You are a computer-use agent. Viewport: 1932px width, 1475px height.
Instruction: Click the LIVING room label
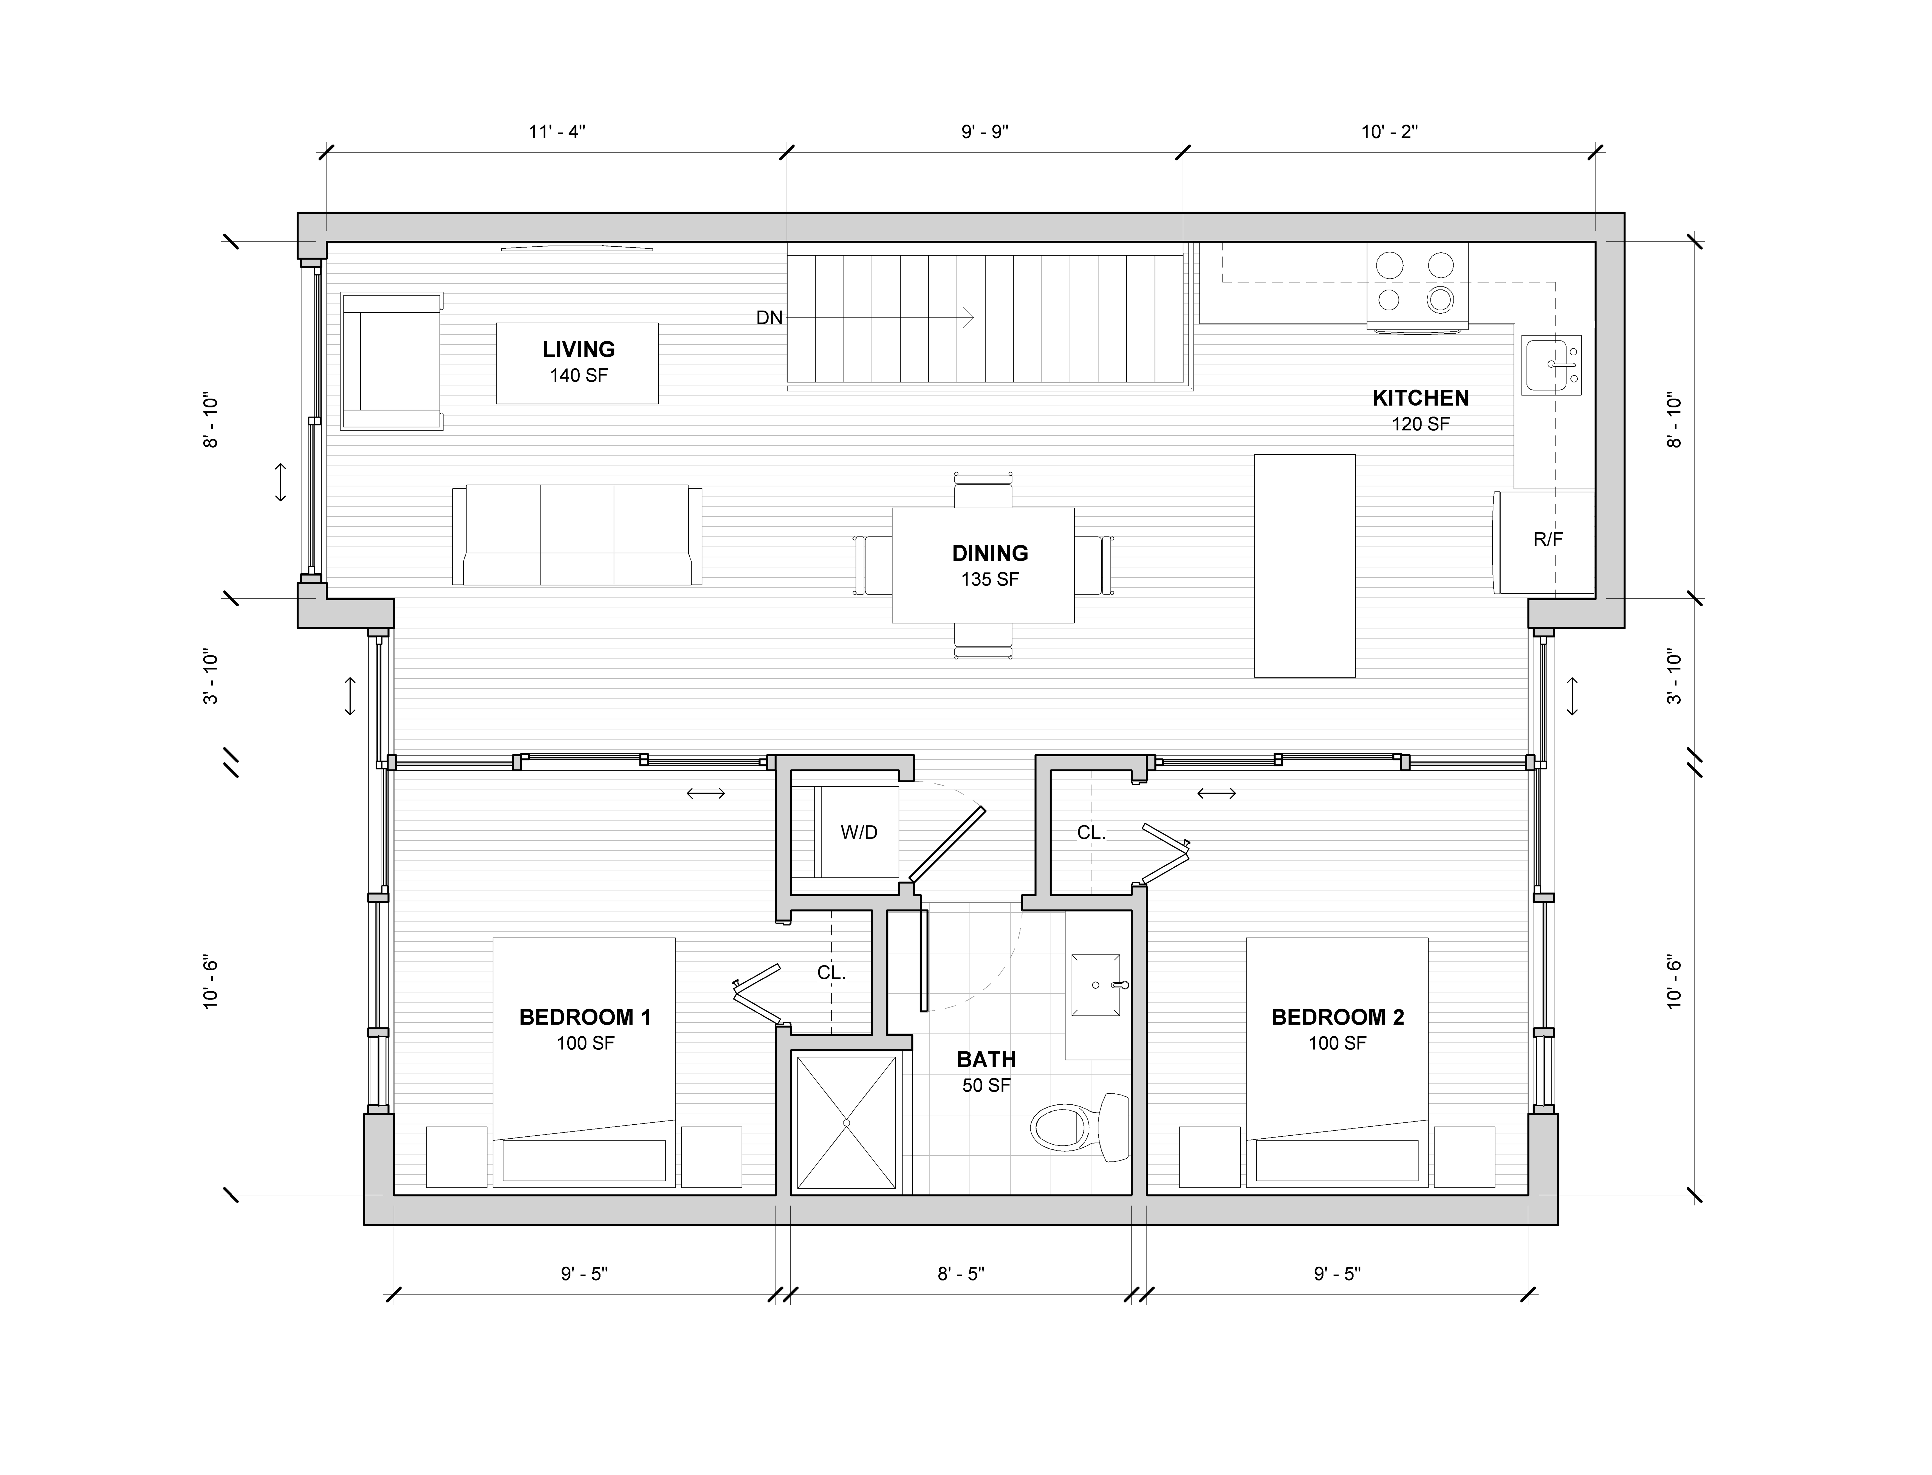[x=578, y=350]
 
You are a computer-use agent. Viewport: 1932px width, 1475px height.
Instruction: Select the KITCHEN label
[x=1420, y=398]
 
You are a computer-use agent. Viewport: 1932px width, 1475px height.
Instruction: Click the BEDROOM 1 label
[x=585, y=1018]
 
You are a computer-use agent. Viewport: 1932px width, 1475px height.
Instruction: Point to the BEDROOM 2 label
[x=1338, y=1018]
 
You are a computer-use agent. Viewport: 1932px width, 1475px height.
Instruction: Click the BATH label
[x=987, y=1060]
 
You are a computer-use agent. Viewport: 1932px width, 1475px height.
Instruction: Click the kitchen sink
[x=1551, y=364]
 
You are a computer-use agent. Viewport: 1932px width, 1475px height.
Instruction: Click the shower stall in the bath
[x=846, y=1123]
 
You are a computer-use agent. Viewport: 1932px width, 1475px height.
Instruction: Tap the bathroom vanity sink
[x=1096, y=985]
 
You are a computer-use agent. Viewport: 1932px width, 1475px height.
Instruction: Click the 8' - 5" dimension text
[x=961, y=1274]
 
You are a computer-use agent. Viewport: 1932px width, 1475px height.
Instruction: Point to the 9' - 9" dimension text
[x=985, y=132]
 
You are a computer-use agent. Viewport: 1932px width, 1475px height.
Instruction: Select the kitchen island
[x=1304, y=565]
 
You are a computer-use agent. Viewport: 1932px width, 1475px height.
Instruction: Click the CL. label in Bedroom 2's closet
[x=1091, y=832]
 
